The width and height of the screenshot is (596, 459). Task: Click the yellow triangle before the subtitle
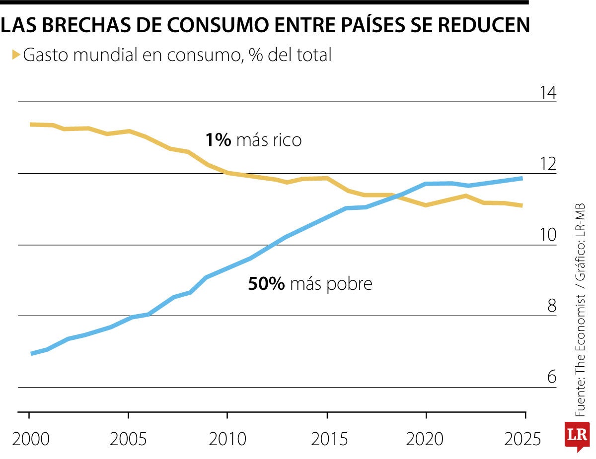pyautogui.click(x=15, y=54)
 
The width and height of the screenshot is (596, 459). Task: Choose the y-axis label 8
pyautogui.click(x=551, y=306)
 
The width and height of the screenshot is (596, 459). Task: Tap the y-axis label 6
pyautogui.click(x=551, y=377)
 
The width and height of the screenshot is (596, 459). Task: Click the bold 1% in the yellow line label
pyautogui.click(x=218, y=140)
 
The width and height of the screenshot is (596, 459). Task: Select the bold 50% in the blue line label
pyautogui.click(x=266, y=284)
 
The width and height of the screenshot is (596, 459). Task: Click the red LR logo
pyautogui.click(x=577, y=436)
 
